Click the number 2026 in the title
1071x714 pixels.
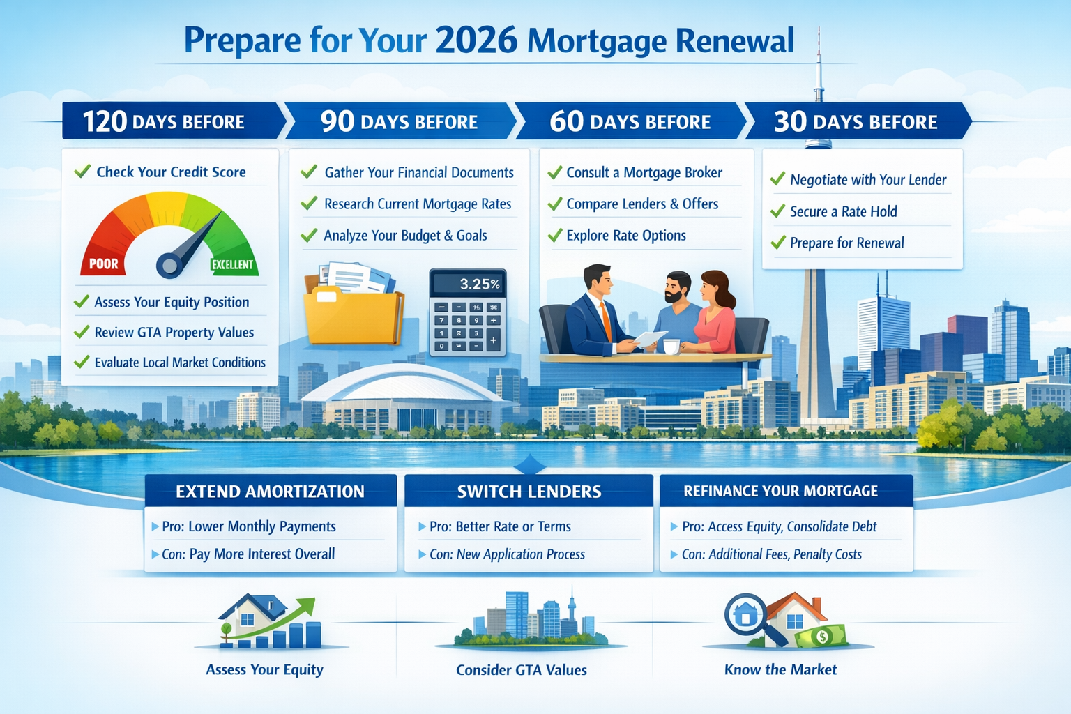pyautogui.click(x=476, y=40)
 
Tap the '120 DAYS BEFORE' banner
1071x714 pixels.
pyautogui.click(x=164, y=122)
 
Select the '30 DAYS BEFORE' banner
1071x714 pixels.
pyautogui.click(x=856, y=122)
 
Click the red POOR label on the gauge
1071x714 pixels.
pyautogui.click(x=104, y=264)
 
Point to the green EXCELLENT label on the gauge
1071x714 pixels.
pyautogui.click(x=232, y=265)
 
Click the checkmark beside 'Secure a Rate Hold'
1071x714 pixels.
pyautogui.click(x=777, y=211)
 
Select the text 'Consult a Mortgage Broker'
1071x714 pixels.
pyautogui.click(x=644, y=172)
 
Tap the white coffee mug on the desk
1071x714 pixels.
pyautogui.click(x=671, y=346)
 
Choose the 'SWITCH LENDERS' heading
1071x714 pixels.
pyautogui.click(x=529, y=492)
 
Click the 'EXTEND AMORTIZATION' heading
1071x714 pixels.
pyautogui.click(x=270, y=492)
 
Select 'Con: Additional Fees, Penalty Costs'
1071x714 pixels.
pyautogui.click(x=771, y=554)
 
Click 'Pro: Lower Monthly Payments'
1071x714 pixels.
pyautogui.click(x=248, y=526)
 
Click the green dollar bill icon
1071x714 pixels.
pyautogui.click(x=823, y=636)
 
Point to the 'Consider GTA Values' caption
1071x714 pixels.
pyautogui.click(x=522, y=670)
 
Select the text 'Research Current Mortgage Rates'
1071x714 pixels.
pyautogui.click(x=417, y=204)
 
